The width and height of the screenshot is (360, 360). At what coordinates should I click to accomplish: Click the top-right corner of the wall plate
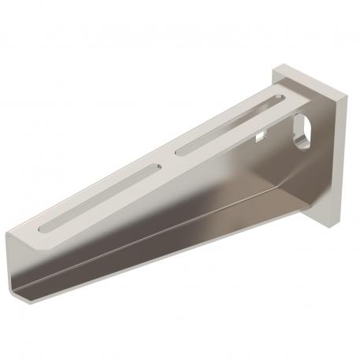coord(347,98)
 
